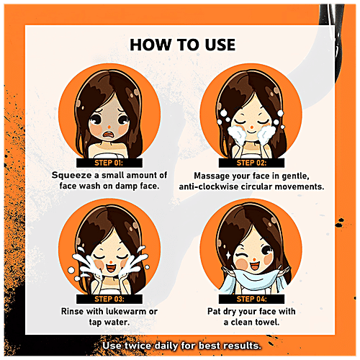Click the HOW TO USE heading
[182, 45]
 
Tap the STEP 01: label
[109, 163]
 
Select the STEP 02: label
[251, 163]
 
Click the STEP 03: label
[109, 299]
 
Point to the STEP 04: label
[252, 299]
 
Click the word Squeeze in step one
[72, 176]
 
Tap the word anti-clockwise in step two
[209, 186]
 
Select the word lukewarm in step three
[126, 311]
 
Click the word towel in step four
[267, 322]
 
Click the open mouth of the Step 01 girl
[109, 135]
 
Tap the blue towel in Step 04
[253, 279]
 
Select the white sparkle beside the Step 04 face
[229, 255]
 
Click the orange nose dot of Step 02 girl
[251, 126]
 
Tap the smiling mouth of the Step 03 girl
[110, 267]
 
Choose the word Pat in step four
[214, 311]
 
